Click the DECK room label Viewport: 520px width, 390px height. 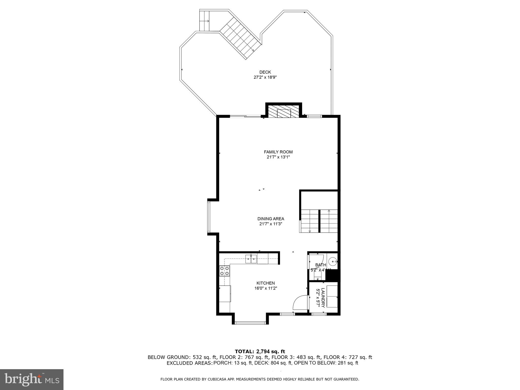[265, 72]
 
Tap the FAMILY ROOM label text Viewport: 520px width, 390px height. [278, 152]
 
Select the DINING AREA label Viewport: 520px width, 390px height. [271, 219]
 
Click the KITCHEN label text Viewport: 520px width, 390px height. [266, 283]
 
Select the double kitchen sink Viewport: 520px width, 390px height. [251, 259]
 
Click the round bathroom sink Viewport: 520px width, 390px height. [333, 261]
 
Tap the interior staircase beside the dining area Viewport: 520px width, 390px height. [319, 221]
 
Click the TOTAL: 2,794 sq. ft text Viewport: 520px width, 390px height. [260, 351]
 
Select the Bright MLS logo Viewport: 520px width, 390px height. [32, 380]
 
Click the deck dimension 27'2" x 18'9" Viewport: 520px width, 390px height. [265, 77]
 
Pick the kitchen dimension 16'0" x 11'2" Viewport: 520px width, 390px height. [266, 288]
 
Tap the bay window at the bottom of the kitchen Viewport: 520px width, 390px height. [250, 323]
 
